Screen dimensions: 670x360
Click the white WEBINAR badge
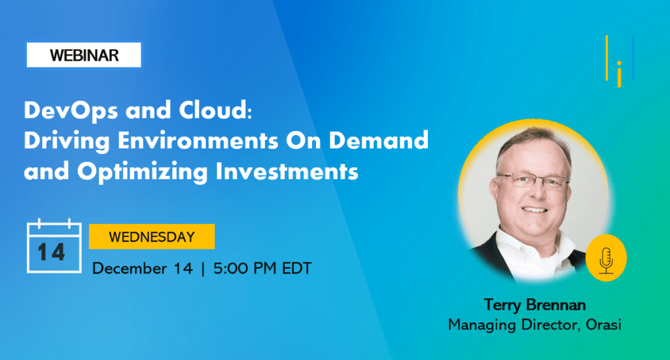(84, 55)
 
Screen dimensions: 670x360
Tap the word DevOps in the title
(71, 111)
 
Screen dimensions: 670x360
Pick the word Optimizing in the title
(142, 172)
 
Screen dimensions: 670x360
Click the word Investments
(287, 171)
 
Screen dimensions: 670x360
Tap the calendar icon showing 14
(54, 246)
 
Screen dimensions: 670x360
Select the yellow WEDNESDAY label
(152, 236)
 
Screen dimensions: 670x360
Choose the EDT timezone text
(297, 268)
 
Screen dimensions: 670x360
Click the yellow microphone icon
(606, 258)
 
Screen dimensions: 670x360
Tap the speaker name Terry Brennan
(535, 305)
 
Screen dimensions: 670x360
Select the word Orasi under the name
(603, 325)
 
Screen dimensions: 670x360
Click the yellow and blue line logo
(620, 61)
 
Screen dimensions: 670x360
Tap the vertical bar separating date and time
(203, 268)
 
